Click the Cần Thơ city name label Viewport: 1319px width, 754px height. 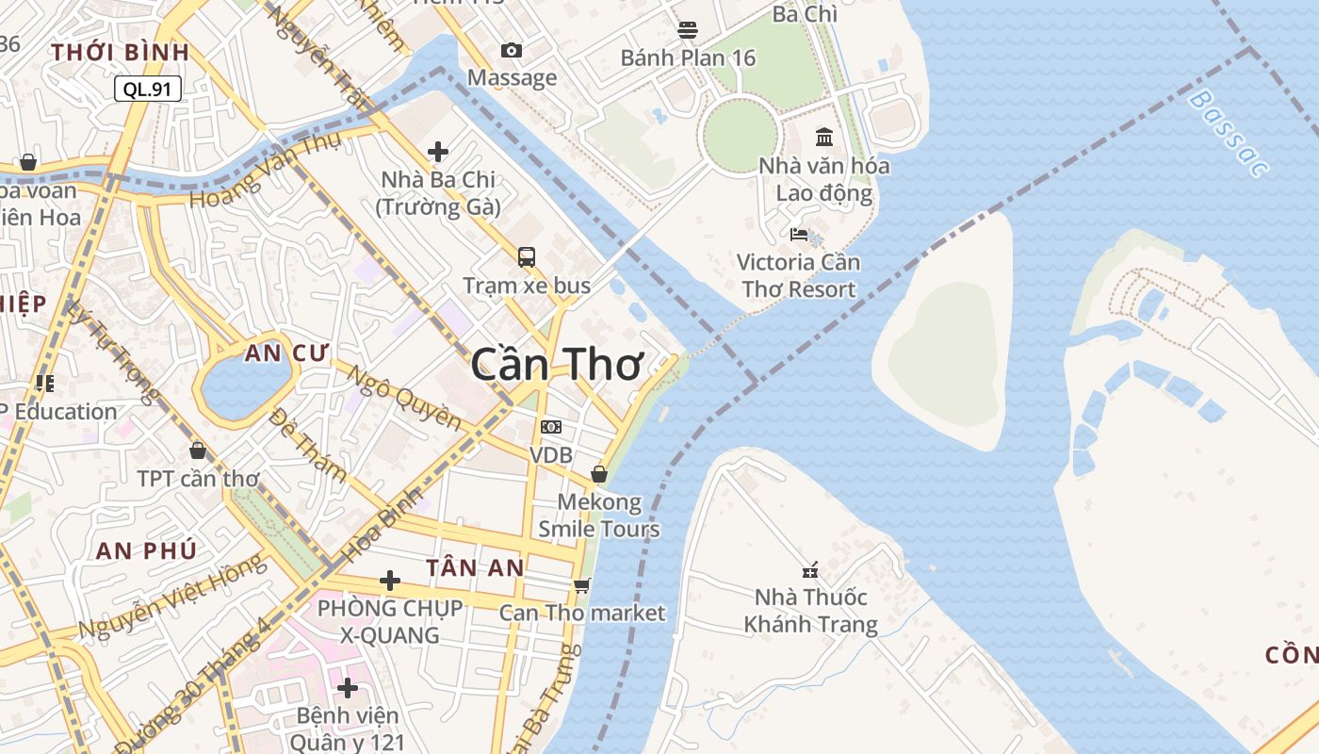[x=557, y=364]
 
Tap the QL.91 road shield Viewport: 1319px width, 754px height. [x=148, y=89]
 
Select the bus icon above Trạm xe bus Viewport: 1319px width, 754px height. [x=527, y=256]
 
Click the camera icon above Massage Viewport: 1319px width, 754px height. [x=512, y=50]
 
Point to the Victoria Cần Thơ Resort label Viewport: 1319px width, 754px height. [x=798, y=275]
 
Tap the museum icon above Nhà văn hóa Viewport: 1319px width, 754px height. [x=824, y=137]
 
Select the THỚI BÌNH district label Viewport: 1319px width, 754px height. [x=121, y=52]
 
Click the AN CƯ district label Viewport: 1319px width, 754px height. [x=286, y=353]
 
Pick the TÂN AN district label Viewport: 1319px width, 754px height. [x=475, y=567]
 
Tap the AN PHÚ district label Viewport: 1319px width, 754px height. [x=146, y=550]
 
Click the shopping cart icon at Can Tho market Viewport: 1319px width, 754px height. [x=582, y=585]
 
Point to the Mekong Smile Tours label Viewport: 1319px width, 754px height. [x=599, y=515]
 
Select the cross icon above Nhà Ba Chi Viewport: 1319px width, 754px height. [x=438, y=151]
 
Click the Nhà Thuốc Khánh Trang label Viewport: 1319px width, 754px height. [x=810, y=611]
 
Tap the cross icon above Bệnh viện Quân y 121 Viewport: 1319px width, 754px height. [x=348, y=688]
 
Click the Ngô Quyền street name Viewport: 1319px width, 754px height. [x=405, y=397]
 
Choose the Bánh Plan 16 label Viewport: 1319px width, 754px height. [x=688, y=57]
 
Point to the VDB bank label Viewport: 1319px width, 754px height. [x=551, y=455]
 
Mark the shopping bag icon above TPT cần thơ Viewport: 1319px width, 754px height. [x=198, y=451]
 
